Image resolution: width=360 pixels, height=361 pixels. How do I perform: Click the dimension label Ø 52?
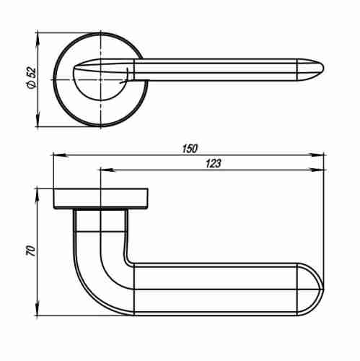[x=32, y=78]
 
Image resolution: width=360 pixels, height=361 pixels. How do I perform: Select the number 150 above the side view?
[x=190, y=149]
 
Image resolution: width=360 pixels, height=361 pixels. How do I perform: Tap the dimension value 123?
[x=213, y=163]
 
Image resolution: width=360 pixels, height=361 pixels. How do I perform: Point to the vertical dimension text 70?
[x=31, y=251]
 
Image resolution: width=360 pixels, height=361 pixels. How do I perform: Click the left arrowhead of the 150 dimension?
[x=61, y=155]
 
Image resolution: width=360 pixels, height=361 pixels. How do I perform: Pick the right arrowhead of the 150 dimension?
[x=317, y=155]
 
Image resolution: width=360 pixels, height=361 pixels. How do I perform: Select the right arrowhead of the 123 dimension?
[x=317, y=170]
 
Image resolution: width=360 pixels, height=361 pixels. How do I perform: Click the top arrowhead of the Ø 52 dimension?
[x=38, y=40]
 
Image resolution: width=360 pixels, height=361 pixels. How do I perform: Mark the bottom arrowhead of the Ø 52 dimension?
[x=38, y=118]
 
